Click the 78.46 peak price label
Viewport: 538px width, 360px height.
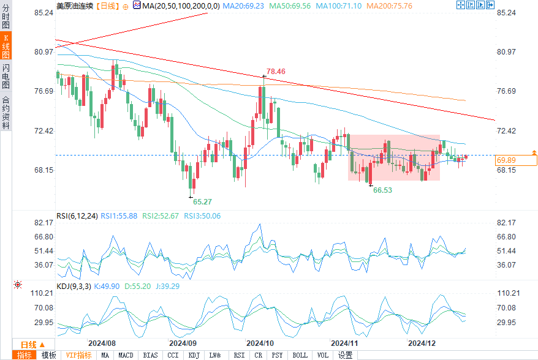pyautogui.click(x=276, y=72)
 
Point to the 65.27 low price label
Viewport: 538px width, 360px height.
pyautogui.click(x=203, y=201)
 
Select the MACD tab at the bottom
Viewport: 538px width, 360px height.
pyautogui.click(x=126, y=355)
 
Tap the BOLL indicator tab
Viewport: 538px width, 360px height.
pyautogui.click(x=300, y=355)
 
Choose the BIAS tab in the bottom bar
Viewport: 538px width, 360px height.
pyautogui.click(x=150, y=355)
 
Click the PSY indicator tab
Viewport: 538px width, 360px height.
pyautogui.click(x=277, y=355)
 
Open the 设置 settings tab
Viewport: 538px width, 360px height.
pyautogui.click(x=345, y=355)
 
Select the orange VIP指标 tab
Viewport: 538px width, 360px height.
pyautogui.click(x=78, y=355)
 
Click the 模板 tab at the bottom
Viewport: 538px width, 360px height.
pyautogui.click(x=48, y=355)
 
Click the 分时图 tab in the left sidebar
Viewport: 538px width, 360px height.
pyautogui.click(x=6, y=18)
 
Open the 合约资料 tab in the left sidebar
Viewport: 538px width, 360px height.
pyautogui.click(x=6, y=112)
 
